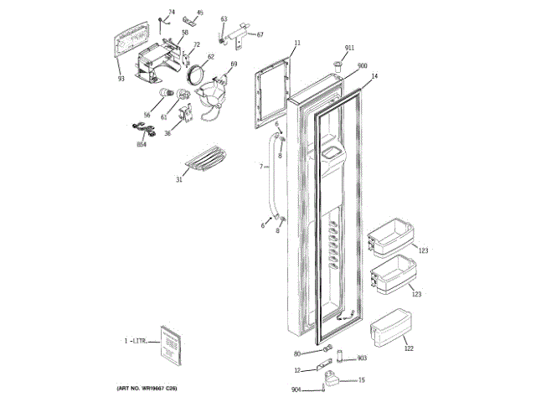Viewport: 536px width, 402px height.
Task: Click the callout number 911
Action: click(x=349, y=49)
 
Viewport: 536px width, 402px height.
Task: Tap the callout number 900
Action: click(x=363, y=66)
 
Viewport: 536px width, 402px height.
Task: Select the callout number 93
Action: click(x=121, y=80)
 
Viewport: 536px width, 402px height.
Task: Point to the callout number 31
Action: click(x=178, y=179)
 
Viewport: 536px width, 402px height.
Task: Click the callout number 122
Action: click(x=409, y=348)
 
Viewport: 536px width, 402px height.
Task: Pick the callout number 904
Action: click(x=296, y=389)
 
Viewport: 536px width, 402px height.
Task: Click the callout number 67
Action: click(x=260, y=34)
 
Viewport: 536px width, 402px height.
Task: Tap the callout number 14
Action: click(x=374, y=76)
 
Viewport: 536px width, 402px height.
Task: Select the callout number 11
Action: click(x=296, y=42)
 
